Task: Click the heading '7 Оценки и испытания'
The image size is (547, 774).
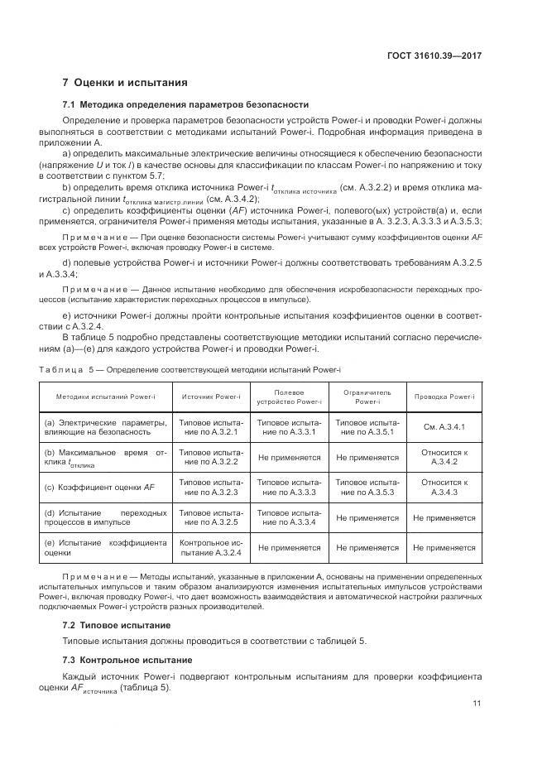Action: [x=125, y=83]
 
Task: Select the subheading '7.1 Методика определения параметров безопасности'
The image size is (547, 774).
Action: [x=185, y=105]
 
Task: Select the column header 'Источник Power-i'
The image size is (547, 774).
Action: [x=211, y=397]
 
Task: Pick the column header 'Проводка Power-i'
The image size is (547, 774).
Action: [x=444, y=397]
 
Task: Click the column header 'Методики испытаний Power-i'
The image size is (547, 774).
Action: [x=105, y=397]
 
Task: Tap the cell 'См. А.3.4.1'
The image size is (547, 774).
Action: [x=444, y=427]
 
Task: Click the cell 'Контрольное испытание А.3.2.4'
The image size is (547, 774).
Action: [x=211, y=547]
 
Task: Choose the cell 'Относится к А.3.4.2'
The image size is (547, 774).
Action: [x=444, y=457]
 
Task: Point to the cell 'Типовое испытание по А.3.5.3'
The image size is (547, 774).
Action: [x=367, y=488]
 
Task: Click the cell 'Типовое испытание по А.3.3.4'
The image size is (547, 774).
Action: [x=289, y=517]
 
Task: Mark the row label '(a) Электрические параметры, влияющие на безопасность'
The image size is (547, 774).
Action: [x=105, y=427]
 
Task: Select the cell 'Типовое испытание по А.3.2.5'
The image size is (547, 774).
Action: [x=211, y=517]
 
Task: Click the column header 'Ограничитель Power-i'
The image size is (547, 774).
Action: [x=367, y=397]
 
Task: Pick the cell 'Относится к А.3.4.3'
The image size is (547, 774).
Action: [x=444, y=488]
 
